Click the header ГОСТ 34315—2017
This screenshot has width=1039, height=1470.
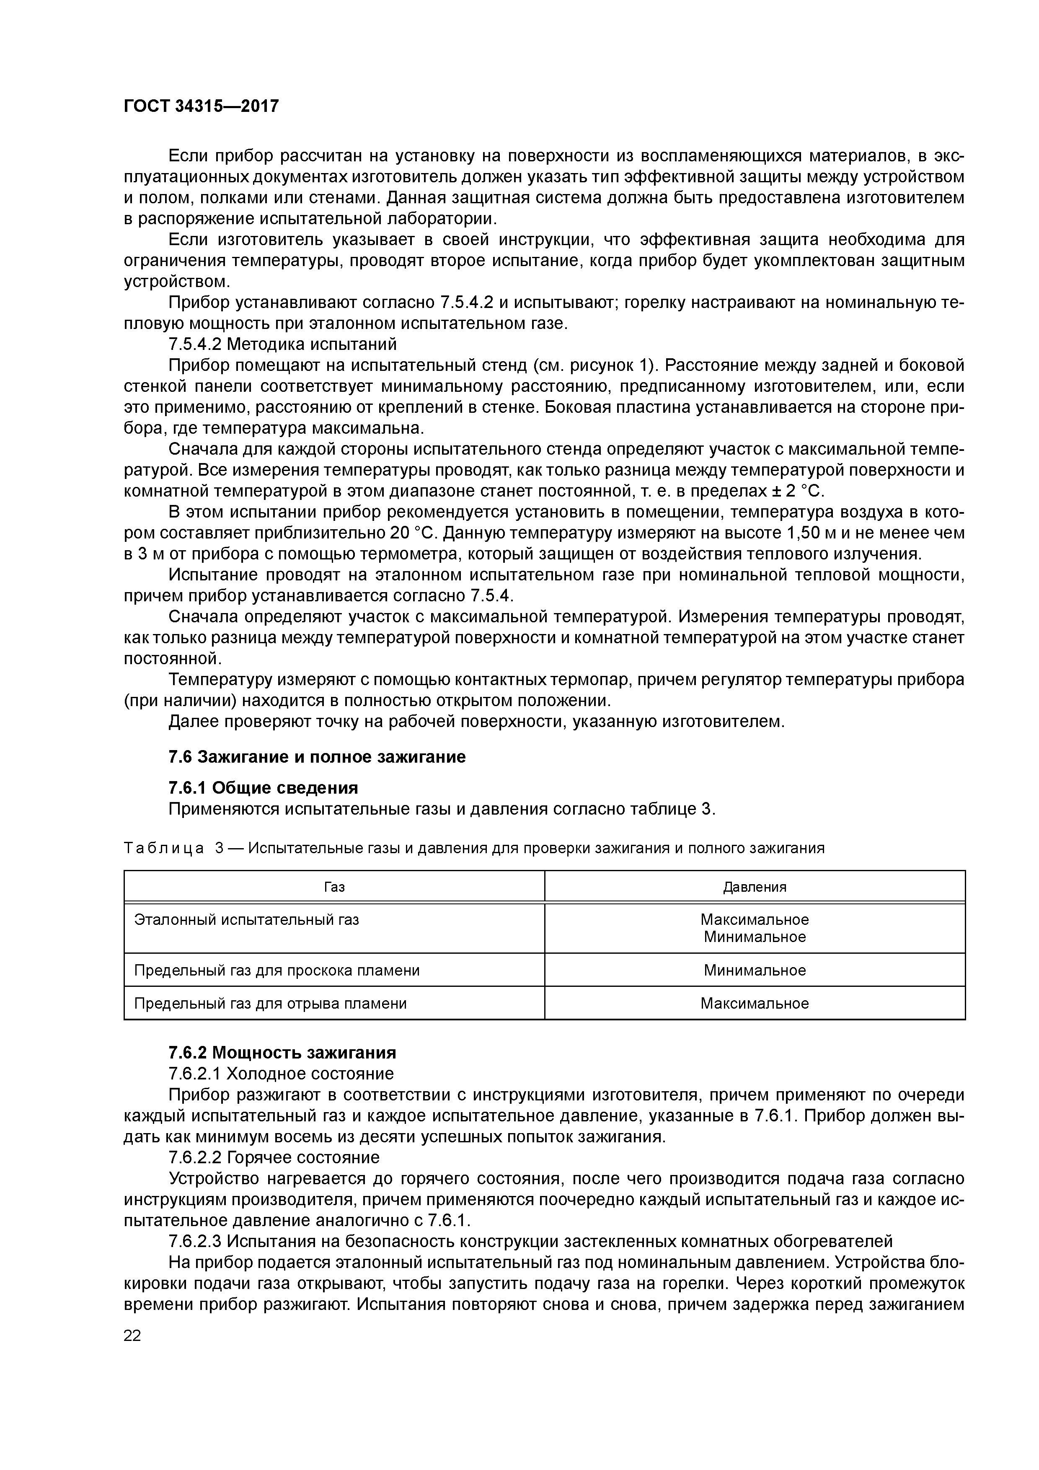pos(201,106)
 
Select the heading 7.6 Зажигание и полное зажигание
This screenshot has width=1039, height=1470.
pos(317,757)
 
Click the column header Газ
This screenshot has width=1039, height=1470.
pos(334,887)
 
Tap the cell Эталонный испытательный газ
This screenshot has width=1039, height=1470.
pos(246,920)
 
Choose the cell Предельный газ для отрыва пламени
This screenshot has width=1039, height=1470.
pos(270,1003)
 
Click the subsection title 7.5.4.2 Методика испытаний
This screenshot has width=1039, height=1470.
pos(282,344)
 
